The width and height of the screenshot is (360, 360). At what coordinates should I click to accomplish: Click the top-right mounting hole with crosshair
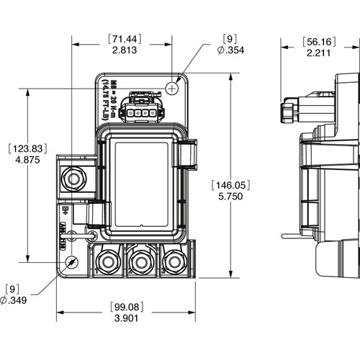pos(172,87)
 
